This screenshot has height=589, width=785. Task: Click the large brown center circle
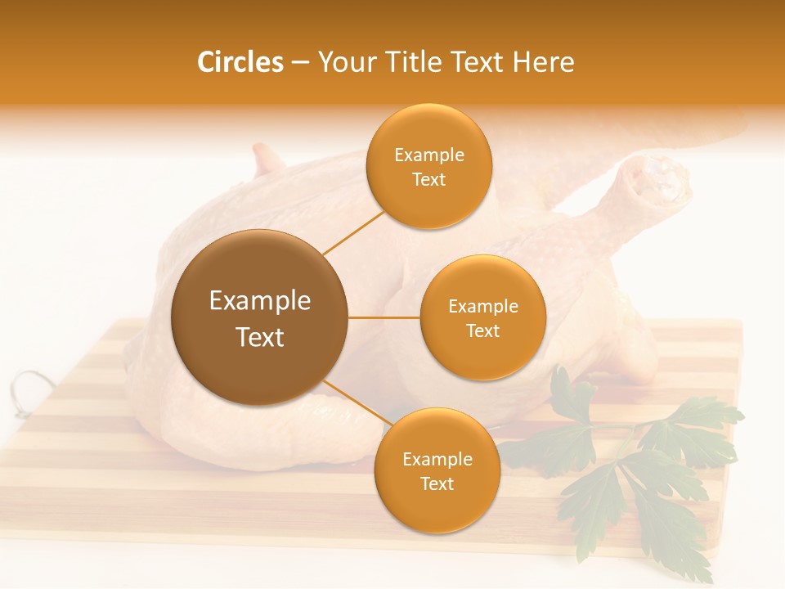click(x=259, y=317)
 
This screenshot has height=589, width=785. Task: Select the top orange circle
click(x=428, y=166)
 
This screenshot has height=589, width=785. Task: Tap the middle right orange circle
click(x=482, y=317)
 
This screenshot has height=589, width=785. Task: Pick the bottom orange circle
click(x=437, y=470)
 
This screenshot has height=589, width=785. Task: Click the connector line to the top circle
click(x=353, y=232)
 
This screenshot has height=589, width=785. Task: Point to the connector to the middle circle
click(x=384, y=317)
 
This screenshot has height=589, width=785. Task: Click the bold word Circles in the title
click(x=240, y=62)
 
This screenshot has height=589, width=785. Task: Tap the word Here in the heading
click(x=543, y=62)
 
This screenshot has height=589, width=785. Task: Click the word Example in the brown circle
click(x=259, y=301)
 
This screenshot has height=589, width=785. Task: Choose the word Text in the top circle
click(x=428, y=179)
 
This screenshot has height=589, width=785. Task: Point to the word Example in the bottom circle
click(x=437, y=459)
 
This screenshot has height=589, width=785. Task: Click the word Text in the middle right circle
click(x=482, y=330)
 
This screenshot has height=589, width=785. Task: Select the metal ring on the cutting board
click(x=30, y=384)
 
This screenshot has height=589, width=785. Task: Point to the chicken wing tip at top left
click(x=267, y=158)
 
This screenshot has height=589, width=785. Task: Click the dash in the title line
click(x=300, y=62)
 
